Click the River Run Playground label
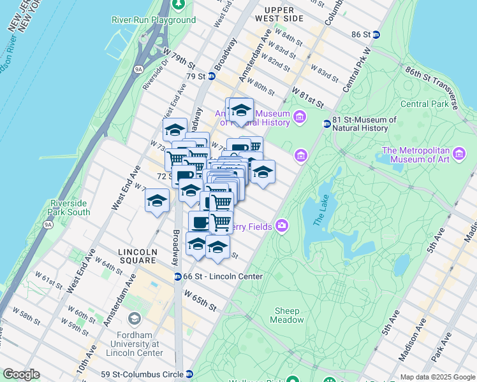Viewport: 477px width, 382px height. tap(154, 20)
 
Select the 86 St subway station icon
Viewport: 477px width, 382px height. tap(377, 34)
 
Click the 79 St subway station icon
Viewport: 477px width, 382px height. tap(212, 76)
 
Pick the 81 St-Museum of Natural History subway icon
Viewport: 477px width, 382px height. tap(327, 124)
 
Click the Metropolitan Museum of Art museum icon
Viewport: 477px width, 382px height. tap(459, 153)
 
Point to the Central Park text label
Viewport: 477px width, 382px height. tap(423, 104)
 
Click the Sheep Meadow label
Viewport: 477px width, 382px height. tap(288, 315)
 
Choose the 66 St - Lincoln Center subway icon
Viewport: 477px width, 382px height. tap(178, 276)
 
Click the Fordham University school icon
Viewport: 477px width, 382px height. tap(135, 318)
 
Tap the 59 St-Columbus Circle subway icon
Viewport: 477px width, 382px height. tap(189, 374)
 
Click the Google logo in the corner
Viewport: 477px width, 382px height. tap(21, 374)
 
